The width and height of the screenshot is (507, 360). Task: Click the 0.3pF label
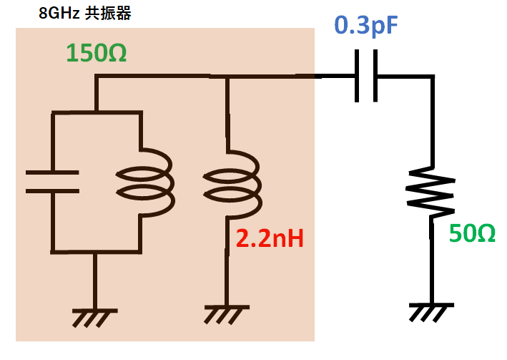coord(365,26)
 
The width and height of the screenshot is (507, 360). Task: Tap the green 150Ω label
coord(96,54)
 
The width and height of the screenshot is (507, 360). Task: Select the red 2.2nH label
coord(264,239)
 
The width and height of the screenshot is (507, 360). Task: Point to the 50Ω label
coord(472,233)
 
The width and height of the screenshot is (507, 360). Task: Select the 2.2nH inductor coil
coord(230,185)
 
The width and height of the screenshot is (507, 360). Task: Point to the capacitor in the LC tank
coord(51,182)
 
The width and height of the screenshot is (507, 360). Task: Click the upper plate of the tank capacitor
coord(51,172)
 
